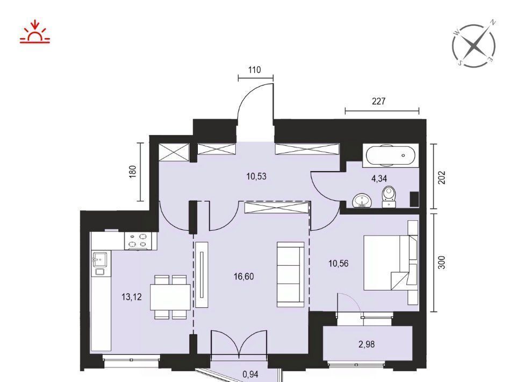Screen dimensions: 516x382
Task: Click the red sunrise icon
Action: click(34, 32)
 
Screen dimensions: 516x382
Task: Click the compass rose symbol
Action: click(474, 45)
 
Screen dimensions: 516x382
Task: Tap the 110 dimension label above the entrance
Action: click(255, 70)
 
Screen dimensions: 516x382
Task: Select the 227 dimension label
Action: click(379, 101)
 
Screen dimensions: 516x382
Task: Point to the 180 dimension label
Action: click(133, 172)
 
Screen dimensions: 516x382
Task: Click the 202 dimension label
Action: click(442, 178)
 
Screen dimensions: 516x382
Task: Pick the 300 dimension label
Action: click(442, 263)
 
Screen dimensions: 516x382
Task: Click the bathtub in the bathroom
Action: click(391, 155)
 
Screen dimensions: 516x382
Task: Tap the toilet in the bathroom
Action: click(389, 197)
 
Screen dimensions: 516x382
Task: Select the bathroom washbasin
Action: click(362, 201)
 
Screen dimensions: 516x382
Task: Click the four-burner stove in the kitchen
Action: click(138, 240)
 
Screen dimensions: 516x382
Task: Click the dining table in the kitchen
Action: click(170, 297)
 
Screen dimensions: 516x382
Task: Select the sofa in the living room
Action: click(291, 274)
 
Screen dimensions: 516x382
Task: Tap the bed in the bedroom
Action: click(391, 263)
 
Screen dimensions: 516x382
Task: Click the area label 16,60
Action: click(244, 277)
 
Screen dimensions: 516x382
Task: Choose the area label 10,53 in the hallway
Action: click(256, 176)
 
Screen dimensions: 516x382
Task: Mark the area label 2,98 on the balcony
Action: click(367, 344)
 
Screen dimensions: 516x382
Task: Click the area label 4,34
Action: click(379, 179)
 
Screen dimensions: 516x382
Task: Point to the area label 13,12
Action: click(132, 296)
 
